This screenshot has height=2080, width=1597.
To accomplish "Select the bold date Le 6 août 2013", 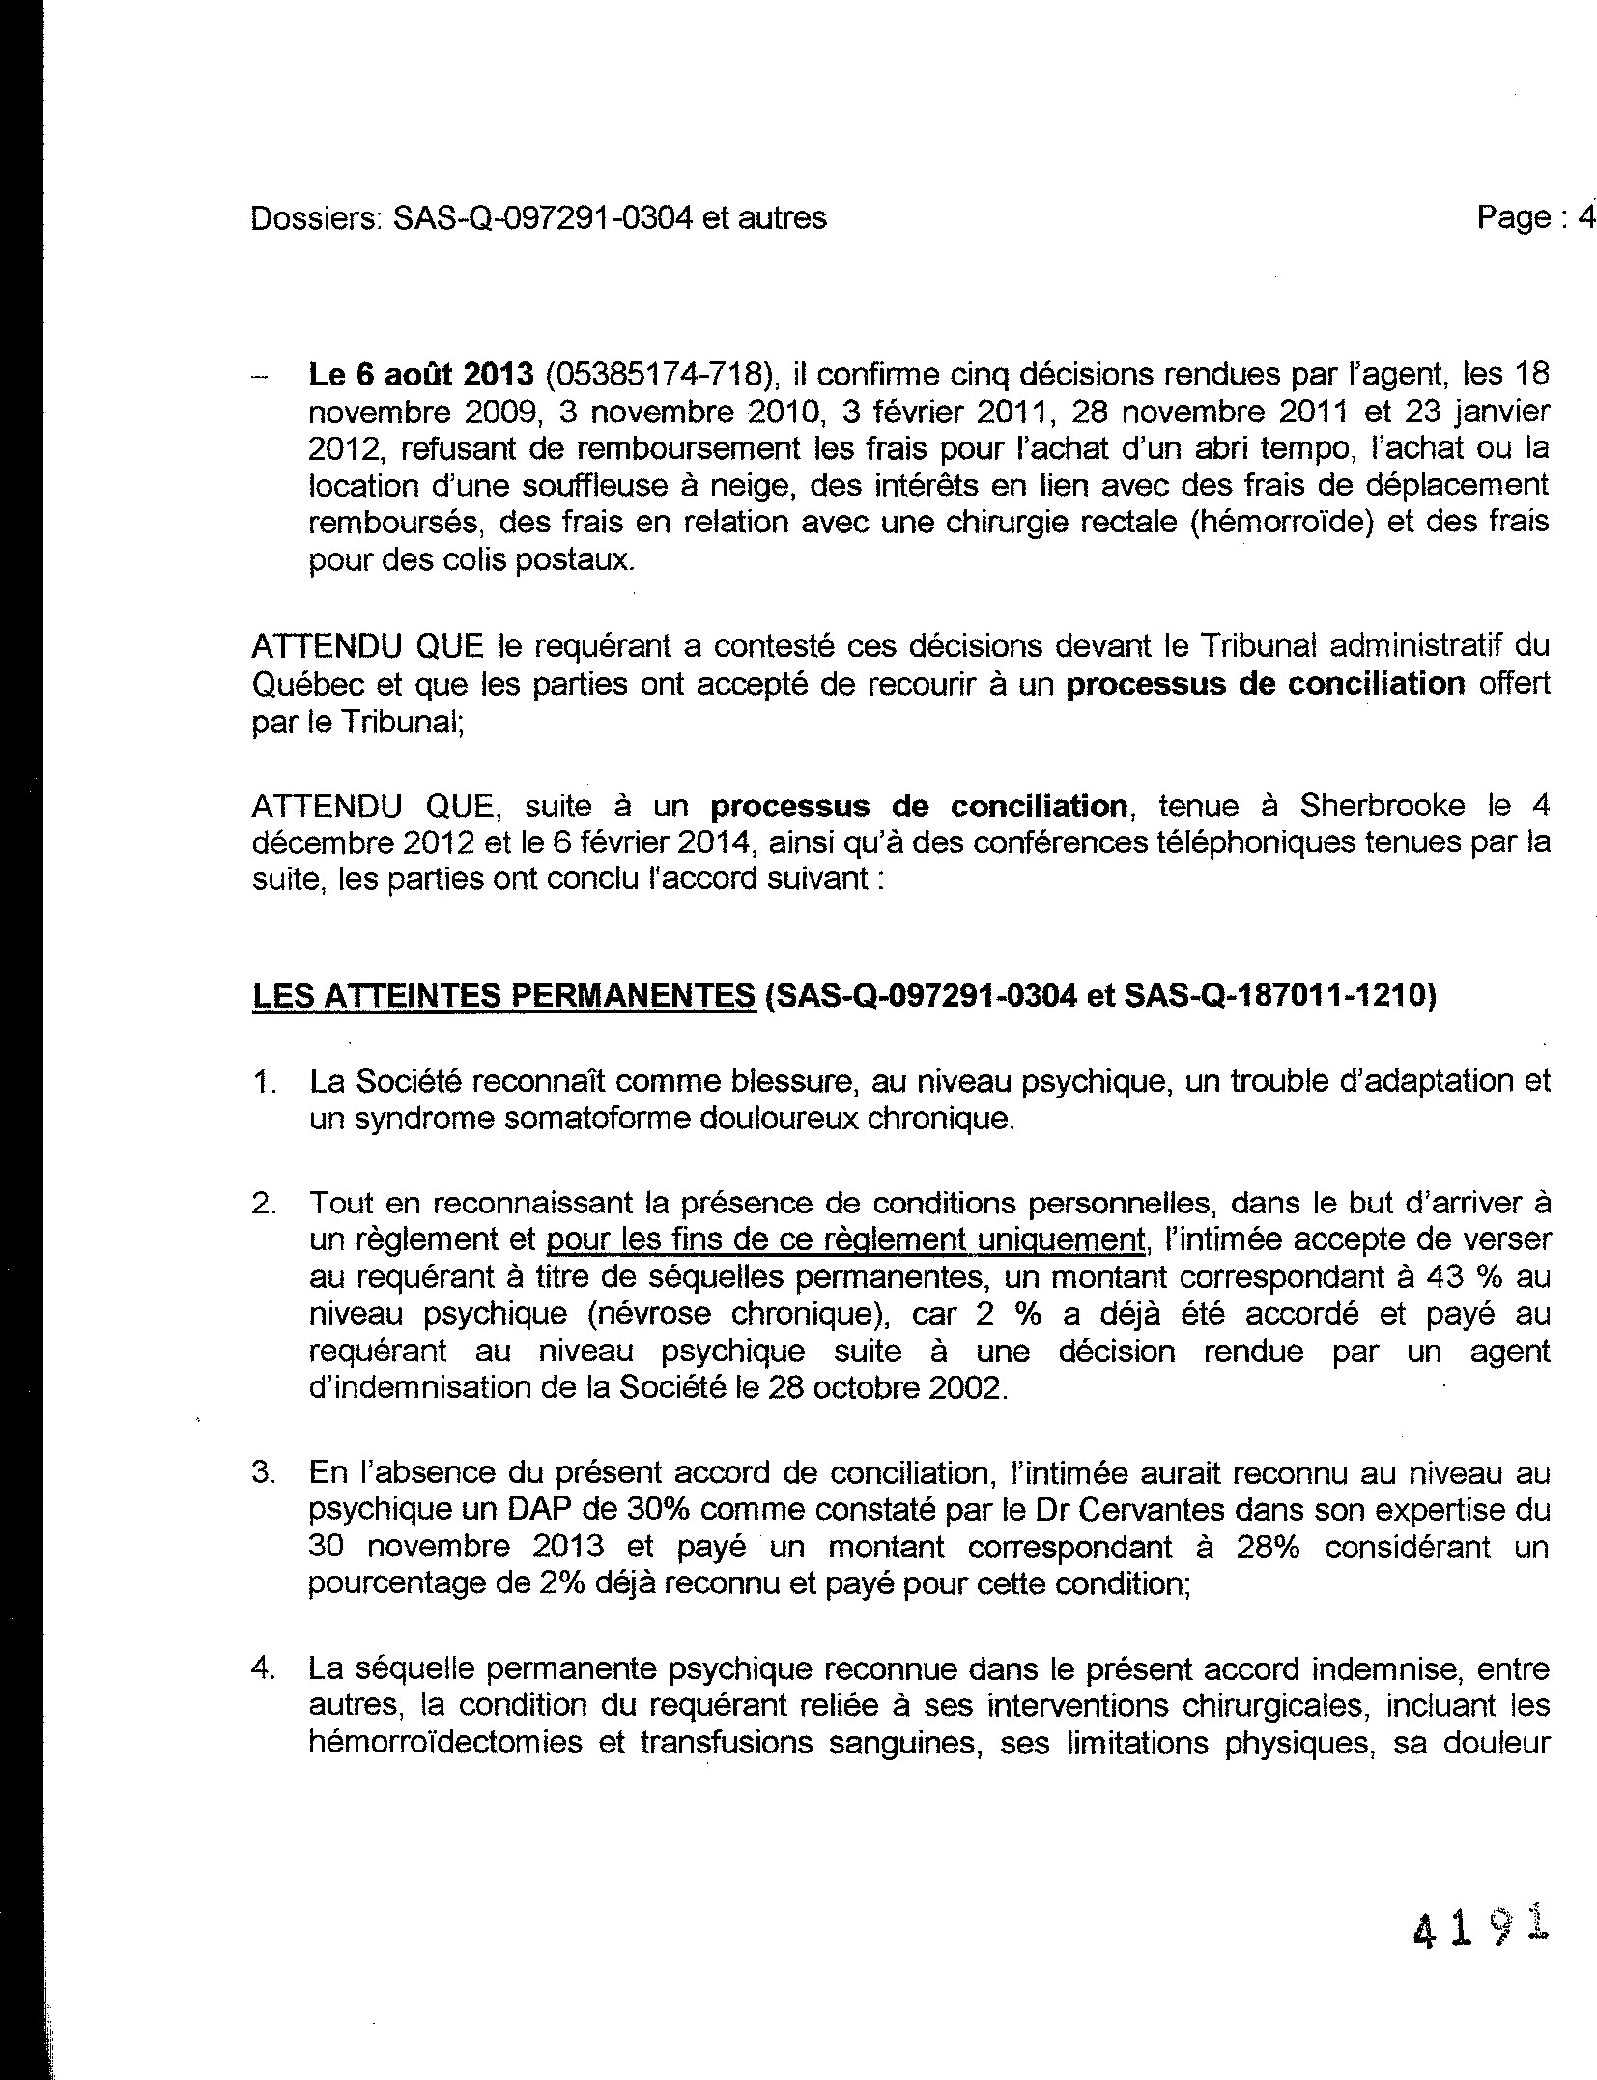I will tap(420, 374).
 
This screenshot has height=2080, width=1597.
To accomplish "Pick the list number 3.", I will tap(264, 1473).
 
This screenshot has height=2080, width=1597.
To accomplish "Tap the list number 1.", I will tap(263, 1083).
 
